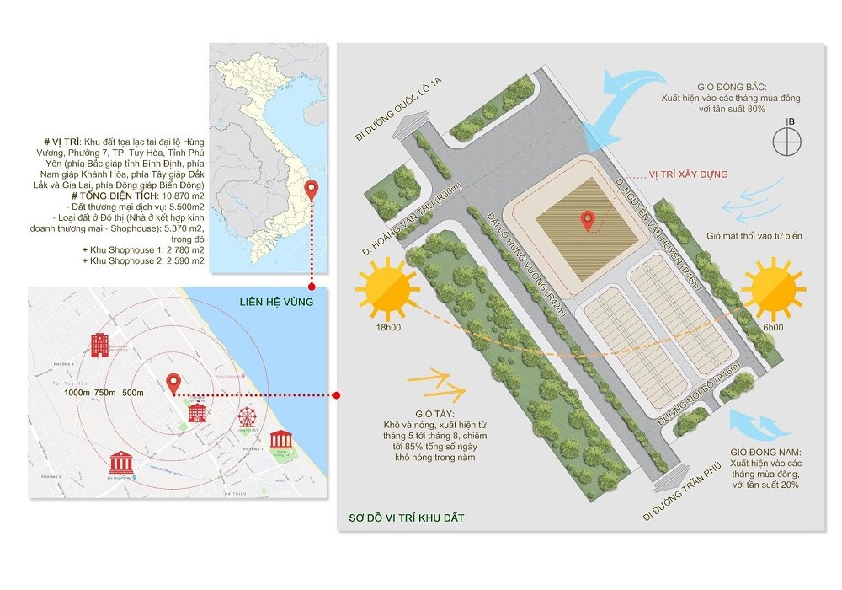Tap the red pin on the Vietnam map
tap(312, 190)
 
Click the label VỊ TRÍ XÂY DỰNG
tap(687, 174)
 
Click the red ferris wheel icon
tap(247, 417)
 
